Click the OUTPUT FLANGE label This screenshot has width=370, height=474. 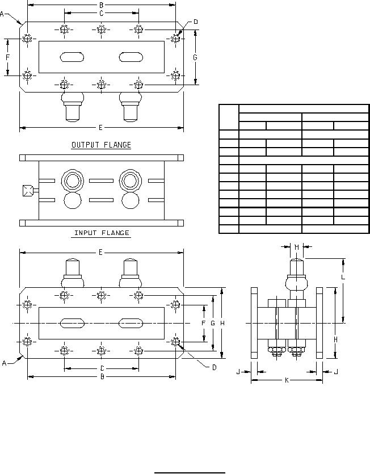[101, 145]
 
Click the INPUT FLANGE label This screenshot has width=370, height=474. [102, 233]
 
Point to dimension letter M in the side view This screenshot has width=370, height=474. [297, 247]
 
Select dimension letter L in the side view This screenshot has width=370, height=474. [343, 277]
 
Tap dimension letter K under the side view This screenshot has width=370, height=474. [287, 380]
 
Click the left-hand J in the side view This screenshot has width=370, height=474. [238, 371]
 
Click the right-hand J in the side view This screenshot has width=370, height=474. [336, 371]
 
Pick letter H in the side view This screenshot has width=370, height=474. [335, 339]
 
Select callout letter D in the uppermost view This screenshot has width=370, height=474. [195, 22]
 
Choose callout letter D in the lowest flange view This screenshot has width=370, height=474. [214, 367]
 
